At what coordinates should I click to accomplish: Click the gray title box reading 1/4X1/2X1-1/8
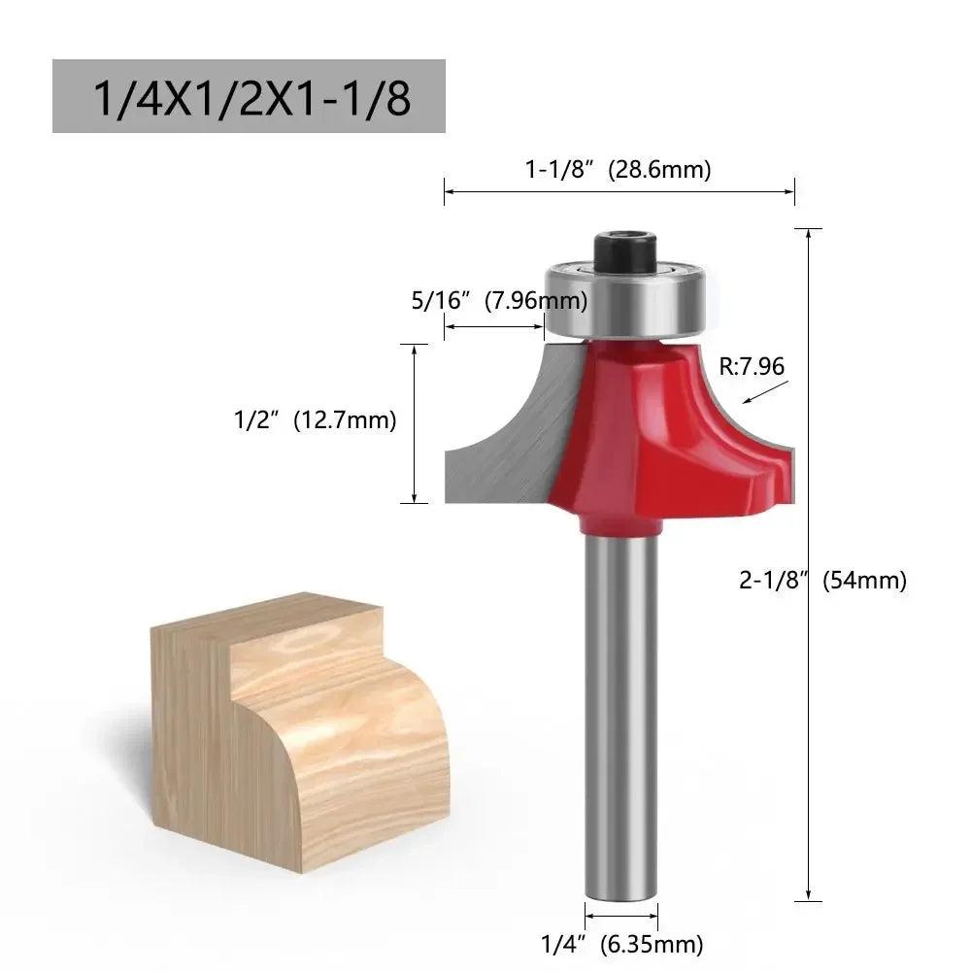coord(249,96)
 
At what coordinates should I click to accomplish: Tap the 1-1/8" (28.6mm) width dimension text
coord(619,169)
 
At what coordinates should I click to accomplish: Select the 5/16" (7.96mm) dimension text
coord(499,301)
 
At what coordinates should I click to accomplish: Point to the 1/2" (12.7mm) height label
coord(316,420)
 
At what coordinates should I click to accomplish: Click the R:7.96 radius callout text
coord(752,366)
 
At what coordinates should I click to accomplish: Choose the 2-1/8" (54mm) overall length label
coord(822,581)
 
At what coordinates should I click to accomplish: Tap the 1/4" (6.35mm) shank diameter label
coord(621,942)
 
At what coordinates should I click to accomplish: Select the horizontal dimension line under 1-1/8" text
coord(619,190)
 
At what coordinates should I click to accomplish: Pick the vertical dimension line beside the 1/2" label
coord(415,423)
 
